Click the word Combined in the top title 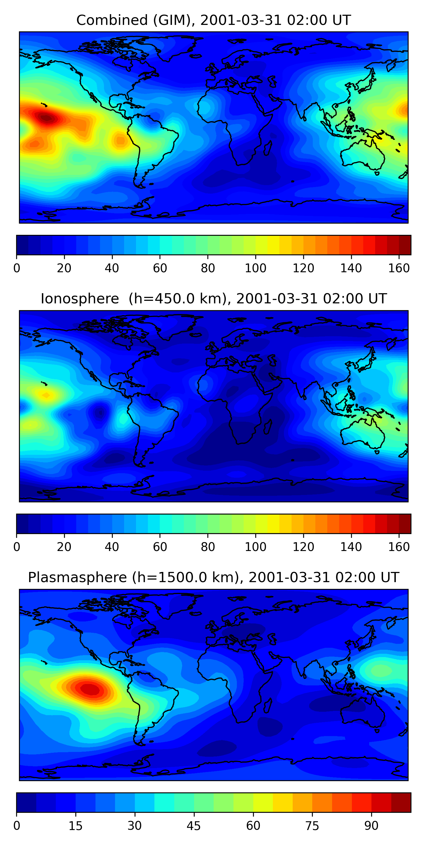112,20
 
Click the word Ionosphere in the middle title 80,299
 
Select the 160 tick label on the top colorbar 399,268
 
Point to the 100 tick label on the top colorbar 255,268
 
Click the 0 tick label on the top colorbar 17,268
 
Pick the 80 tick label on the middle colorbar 208,547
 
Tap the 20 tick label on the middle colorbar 64,547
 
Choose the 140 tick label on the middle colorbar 351,547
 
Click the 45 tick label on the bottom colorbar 194,826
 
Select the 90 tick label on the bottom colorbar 371,826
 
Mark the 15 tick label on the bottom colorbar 75,826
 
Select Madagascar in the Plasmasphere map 267,705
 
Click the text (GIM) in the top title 172,20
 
